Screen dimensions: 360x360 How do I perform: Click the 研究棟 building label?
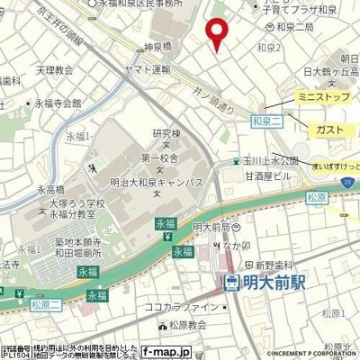pos(165,130)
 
